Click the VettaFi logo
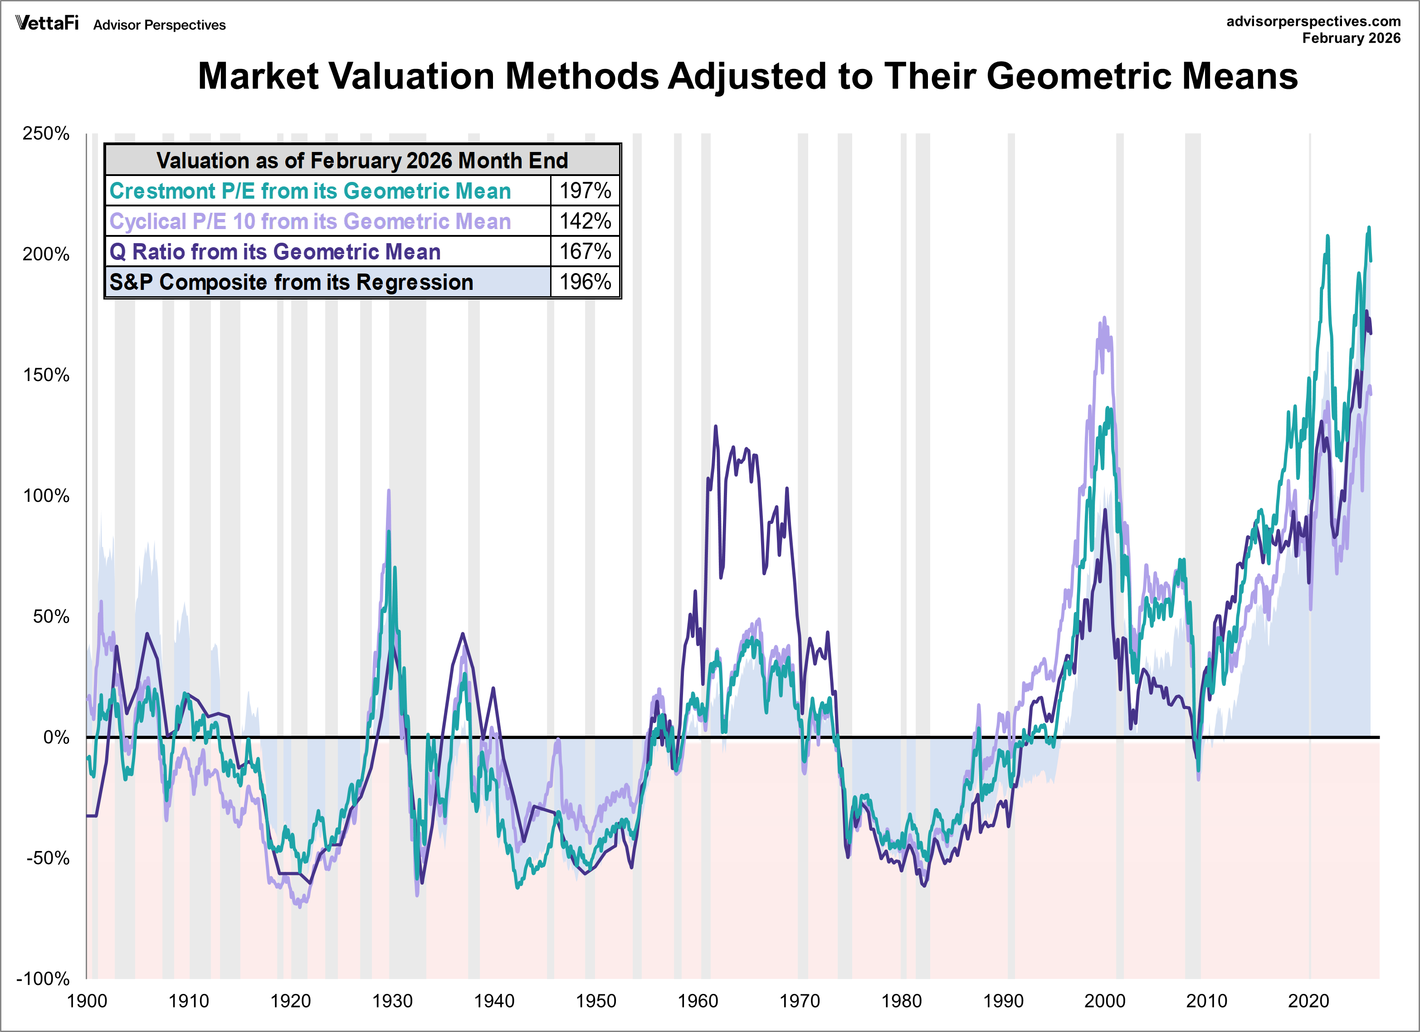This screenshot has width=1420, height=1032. point(47,23)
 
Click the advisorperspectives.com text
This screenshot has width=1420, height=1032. point(1313,21)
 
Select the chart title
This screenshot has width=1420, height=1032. point(747,76)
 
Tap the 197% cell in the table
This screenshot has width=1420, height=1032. point(585,191)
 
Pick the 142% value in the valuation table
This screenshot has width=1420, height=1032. point(585,221)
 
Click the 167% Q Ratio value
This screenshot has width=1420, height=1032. point(585,251)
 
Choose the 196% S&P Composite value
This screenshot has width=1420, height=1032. point(585,282)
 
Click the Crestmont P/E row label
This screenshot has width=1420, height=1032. point(310,191)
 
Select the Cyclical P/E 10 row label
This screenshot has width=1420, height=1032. point(310,221)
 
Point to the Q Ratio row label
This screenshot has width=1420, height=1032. point(275,251)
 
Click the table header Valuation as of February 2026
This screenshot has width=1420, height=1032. point(362,160)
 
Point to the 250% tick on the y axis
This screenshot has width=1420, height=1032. point(46,133)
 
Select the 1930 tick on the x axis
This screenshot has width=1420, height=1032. point(392,1001)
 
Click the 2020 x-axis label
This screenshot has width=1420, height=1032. point(1308,1001)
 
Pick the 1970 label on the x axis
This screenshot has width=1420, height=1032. point(800,1001)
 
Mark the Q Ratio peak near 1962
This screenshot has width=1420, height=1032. point(716,427)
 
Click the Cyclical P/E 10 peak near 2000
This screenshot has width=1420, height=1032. point(1104,318)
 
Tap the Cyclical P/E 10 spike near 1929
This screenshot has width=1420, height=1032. point(389,491)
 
